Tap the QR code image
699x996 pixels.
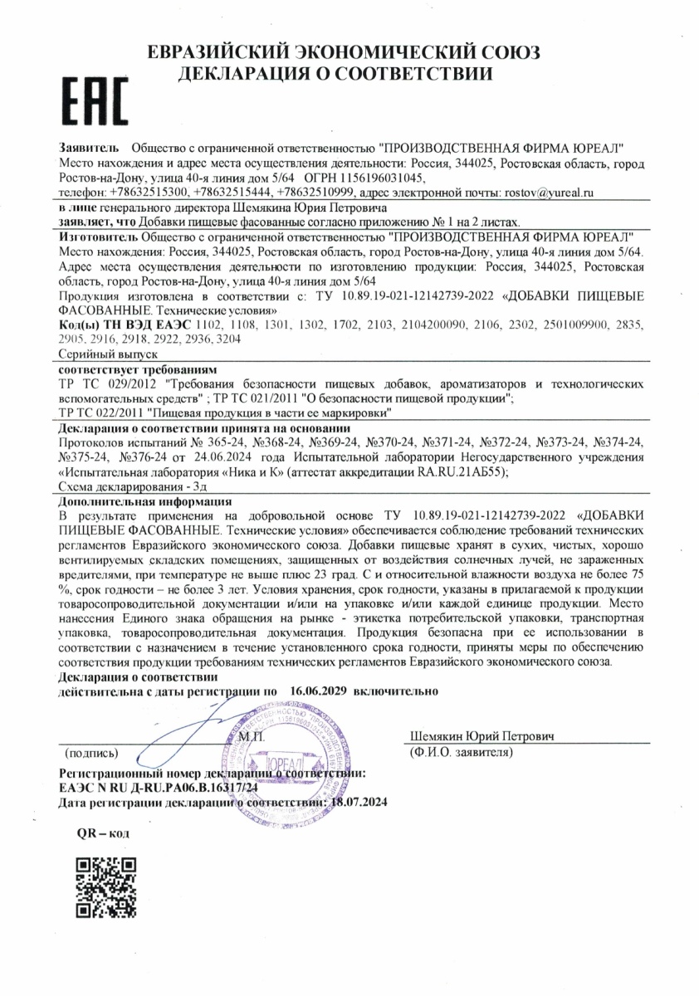coord(105,886)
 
